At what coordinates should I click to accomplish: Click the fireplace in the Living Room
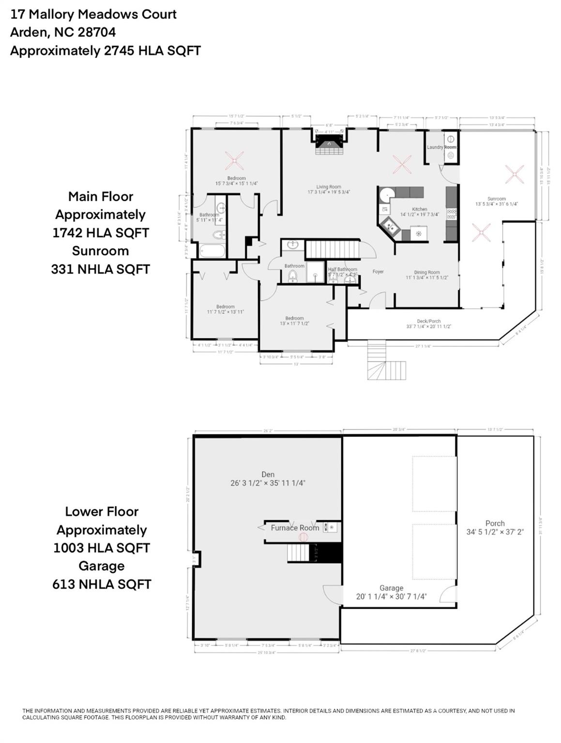tap(329, 143)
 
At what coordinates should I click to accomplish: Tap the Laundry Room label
tap(441, 147)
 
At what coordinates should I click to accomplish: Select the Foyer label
tap(378, 272)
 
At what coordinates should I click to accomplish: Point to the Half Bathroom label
tap(342, 269)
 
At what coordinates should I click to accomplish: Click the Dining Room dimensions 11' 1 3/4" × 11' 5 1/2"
tap(426, 278)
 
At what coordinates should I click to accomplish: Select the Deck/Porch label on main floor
tap(428, 321)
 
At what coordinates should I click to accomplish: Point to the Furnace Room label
tap(295, 528)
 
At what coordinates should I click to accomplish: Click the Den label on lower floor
tap(268, 475)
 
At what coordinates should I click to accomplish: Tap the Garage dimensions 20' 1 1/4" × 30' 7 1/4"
tap(391, 596)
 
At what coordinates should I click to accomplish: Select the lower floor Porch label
tap(495, 523)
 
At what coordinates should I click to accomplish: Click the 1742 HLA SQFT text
tap(101, 233)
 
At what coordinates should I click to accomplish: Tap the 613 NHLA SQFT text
tap(102, 584)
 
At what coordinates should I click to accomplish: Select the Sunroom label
tap(496, 199)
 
